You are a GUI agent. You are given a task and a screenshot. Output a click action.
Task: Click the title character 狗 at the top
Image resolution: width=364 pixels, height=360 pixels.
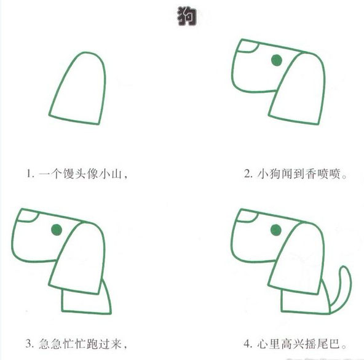pos(183,17)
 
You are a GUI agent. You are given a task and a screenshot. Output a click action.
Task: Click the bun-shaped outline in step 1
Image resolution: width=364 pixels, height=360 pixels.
pos(77,89)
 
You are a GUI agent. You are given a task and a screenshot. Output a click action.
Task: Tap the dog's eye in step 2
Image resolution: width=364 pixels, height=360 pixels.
pos(276,60)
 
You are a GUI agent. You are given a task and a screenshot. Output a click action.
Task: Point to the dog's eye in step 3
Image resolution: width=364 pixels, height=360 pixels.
pos(57,230)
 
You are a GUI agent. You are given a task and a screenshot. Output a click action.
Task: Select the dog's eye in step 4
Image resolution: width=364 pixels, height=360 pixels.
pos(276,230)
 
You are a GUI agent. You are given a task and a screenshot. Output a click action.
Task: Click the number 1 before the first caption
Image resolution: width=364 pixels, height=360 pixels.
pos(28,174)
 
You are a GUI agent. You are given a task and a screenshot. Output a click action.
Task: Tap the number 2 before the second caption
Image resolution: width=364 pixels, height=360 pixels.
pos(247,174)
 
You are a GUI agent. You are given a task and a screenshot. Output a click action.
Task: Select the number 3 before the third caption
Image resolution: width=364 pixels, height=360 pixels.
pos(28,343)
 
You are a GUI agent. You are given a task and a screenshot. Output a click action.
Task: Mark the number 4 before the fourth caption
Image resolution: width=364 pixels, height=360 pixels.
pos(247,343)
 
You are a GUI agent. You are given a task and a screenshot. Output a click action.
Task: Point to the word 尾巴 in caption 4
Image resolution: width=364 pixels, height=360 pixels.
pos(326,343)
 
